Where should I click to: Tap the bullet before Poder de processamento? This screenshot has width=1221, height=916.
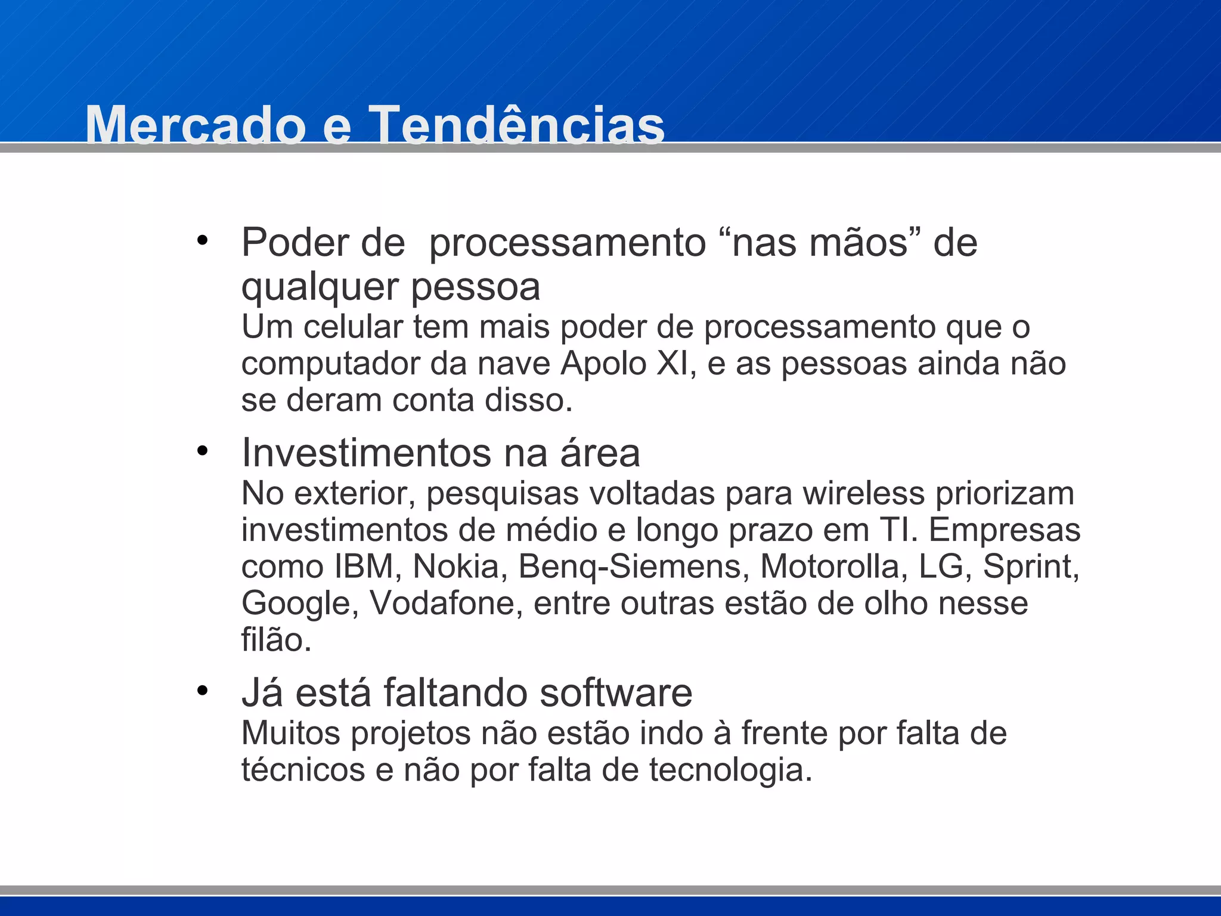[203, 241]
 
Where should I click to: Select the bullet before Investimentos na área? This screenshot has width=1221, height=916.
[203, 451]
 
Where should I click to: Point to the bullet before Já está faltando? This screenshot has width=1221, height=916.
[203, 691]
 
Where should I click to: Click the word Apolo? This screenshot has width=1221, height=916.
[603, 364]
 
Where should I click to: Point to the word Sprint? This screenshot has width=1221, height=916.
[1031, 567]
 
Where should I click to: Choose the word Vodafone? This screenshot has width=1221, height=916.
[446, 603]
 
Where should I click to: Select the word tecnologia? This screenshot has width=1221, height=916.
[730, 770]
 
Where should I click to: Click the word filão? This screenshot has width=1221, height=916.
[276, 640]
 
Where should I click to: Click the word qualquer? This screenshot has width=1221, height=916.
[320, 287]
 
